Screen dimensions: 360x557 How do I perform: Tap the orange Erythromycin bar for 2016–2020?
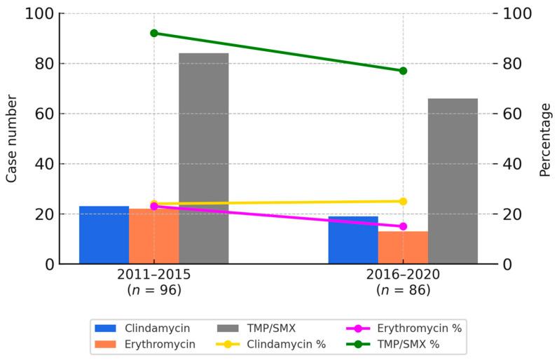[403, 248]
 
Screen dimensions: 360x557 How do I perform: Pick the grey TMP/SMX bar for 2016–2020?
[453, 181]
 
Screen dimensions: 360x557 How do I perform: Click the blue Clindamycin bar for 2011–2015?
[104, 235]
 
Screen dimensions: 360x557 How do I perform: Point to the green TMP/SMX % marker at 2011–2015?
[153, 33]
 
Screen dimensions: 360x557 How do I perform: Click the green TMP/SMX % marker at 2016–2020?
[403, 71]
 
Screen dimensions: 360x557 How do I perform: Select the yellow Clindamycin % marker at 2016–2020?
[403, 201]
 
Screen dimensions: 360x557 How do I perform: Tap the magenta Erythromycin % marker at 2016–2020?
[403, 226]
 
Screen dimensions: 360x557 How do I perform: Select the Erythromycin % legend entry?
[406, 327]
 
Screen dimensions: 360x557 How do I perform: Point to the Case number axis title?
[12, 139]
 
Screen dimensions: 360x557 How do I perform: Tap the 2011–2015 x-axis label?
[153, 275]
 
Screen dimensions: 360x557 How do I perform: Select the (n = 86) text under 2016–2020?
[403, 289]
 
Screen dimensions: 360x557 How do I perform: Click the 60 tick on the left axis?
[46, 113]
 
